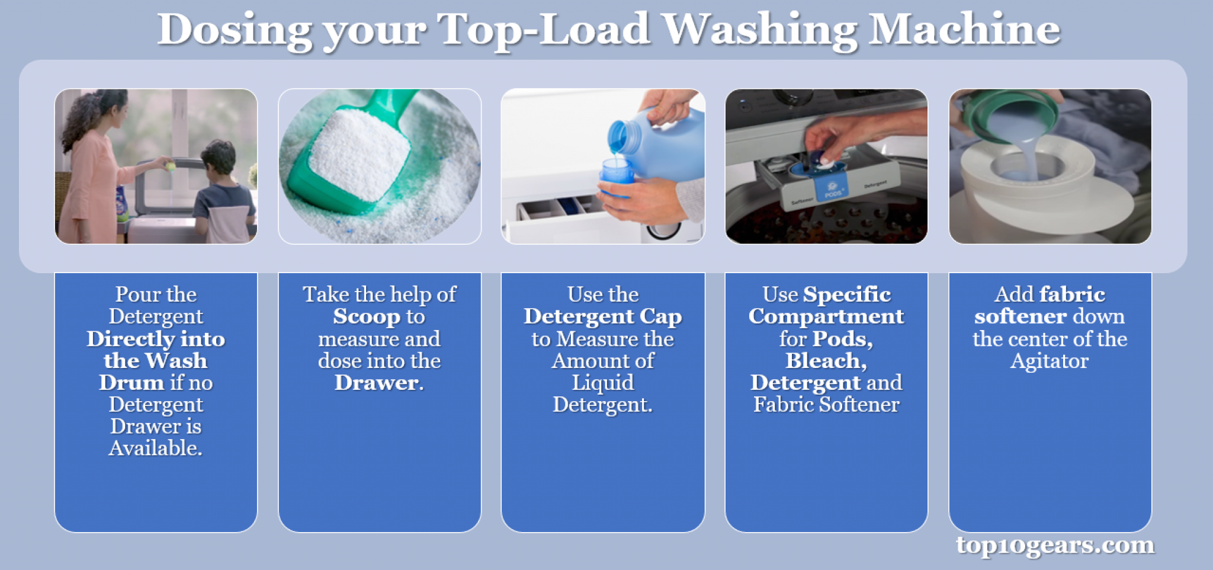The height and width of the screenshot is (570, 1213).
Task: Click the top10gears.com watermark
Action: click(1055, 545)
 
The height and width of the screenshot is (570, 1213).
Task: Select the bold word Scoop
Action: click(367, 317)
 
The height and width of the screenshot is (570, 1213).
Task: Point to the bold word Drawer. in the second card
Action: click(379, 383)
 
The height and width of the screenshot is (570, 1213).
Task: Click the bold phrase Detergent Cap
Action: click(602, 317)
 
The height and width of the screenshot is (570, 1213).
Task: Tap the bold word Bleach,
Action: click(826, 361)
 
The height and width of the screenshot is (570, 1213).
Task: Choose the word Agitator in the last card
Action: click(1050, 361)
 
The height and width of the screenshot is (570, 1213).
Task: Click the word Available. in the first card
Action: click(156, 448)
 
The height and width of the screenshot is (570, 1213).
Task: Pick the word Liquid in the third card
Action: click(602, 383)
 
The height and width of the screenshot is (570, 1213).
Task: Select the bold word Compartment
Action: click(826, 317)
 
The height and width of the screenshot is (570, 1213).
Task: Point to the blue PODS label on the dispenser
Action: click(832, 191)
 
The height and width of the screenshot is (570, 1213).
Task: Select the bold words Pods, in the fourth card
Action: click(842, 339)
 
